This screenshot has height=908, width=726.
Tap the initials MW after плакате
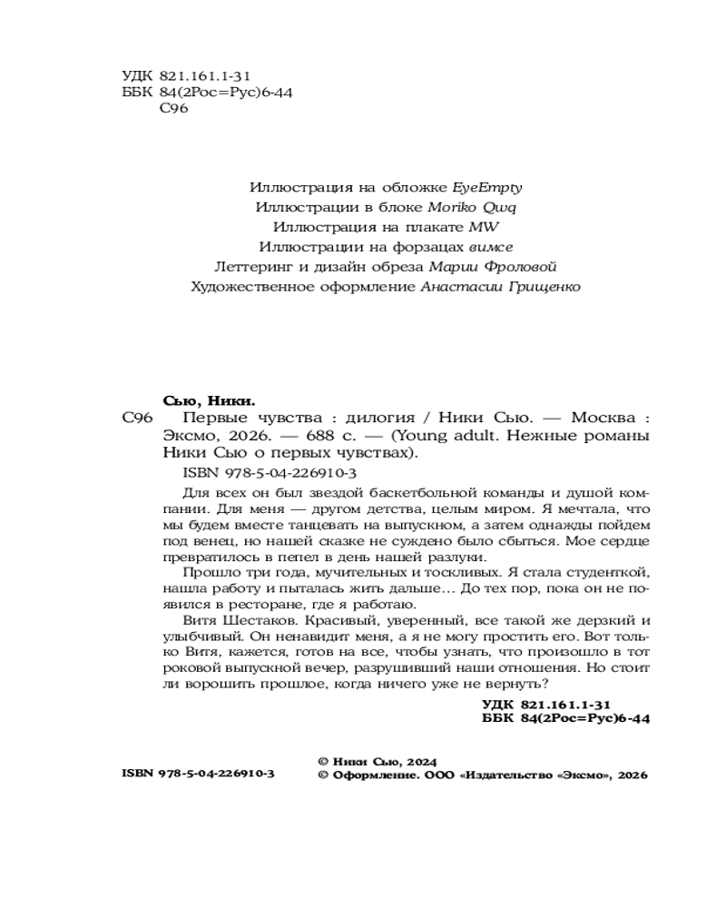[486, 227]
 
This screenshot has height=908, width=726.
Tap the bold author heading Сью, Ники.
[209, 400]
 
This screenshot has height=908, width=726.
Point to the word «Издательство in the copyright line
[506, 776]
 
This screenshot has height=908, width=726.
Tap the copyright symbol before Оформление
[323, 776]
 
